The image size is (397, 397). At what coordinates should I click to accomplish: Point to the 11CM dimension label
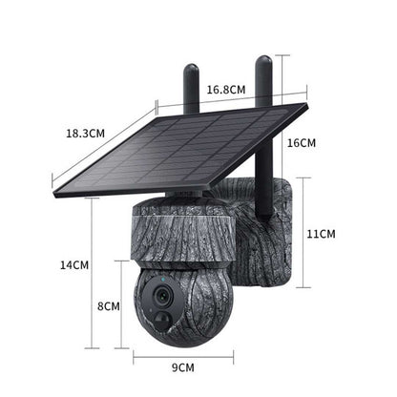pyautogui.click(x=322, y=232)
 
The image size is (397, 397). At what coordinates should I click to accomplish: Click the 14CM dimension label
pyautogui.click(x=73, y=263)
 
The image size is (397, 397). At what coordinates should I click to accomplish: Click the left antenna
pyautogui.click(x=192, y=85)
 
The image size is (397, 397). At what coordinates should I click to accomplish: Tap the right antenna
pyautogui.click(x=262, y=82)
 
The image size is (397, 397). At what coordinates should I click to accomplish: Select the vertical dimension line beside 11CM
pyautogui.click(x=303, y=232)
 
